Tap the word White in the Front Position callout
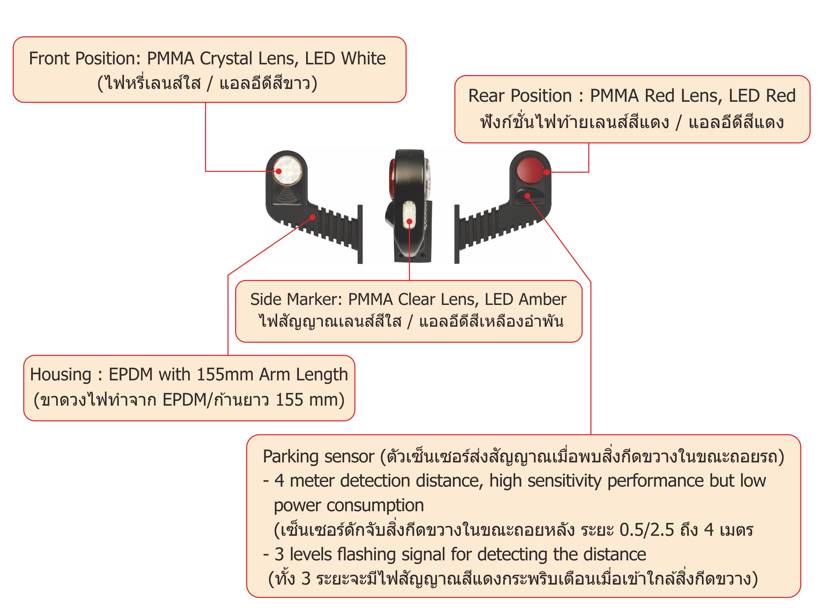(363, 58)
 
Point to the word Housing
(61, 375)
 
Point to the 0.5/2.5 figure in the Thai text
(647, 530)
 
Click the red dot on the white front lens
(279, 171)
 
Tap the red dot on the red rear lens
(547, 172)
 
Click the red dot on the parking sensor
(527, 196)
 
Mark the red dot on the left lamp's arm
(313, 217)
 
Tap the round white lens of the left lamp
(288, 171)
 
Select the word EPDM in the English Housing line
(131, 374)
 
